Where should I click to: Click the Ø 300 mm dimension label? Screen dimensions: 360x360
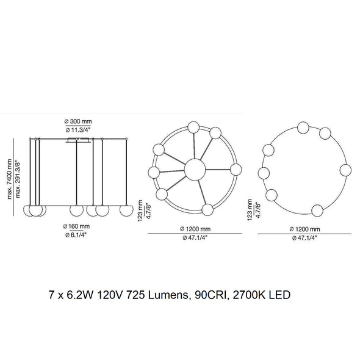[x=78, y=121]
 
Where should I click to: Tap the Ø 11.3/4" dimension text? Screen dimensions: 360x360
[x=78, y=130]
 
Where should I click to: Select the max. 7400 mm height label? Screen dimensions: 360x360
[x=9, y=179]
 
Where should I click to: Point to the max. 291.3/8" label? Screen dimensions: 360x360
[x=18, y=179]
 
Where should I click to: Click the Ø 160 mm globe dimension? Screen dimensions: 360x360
[x=76, y=226]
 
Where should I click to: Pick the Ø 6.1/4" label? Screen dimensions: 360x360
[x=76, y=235]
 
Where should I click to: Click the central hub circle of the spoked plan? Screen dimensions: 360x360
[x=195, y=170]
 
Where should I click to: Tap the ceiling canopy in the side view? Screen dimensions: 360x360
[x=78, y=140]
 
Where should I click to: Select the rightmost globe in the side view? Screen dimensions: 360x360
[x=126, y=211]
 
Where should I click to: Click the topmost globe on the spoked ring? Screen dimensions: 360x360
[x=193, y=127]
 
